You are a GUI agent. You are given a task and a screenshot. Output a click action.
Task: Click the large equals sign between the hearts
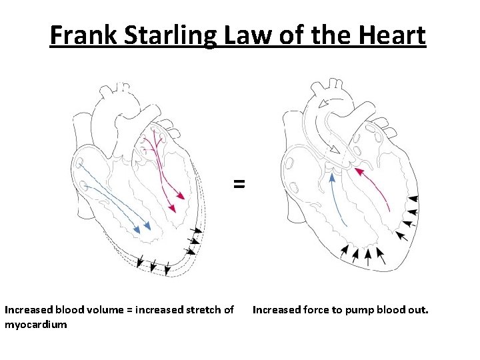coord(239,184)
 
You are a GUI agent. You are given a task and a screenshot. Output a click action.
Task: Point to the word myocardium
coord(35,324)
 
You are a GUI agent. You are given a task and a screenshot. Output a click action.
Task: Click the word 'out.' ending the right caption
coord(418,310)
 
